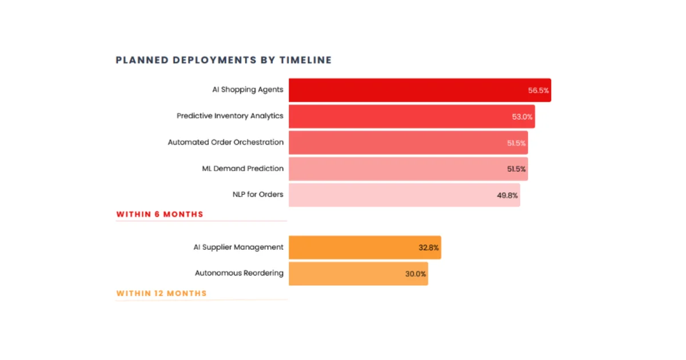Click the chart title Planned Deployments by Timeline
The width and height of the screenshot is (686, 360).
(x=224, y=60)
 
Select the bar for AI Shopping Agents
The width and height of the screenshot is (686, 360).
(x=406, y=90)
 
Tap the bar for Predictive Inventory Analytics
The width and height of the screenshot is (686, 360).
(x=400, y=117)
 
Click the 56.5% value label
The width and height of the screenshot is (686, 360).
(x=539, y=90)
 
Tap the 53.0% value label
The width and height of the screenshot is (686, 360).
(x=523, y=117)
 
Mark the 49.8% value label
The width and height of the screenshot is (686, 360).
(x=508, y=195)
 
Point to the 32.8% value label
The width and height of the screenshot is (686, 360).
(x=429, y=248)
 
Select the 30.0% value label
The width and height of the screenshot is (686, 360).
(x=416, y=274)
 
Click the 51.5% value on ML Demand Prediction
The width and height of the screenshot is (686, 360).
(x=516, y=169)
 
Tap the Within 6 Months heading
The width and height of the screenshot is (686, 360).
(x=159, y=214)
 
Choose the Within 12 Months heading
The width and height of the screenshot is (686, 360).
(x=161, y=293)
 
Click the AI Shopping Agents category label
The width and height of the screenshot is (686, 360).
(x=248, y=90)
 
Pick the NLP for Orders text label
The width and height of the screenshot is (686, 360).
(x=254, y=194)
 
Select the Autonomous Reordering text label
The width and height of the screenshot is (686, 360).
(x=239, y=273)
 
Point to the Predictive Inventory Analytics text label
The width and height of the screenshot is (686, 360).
(x=230, y=116)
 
